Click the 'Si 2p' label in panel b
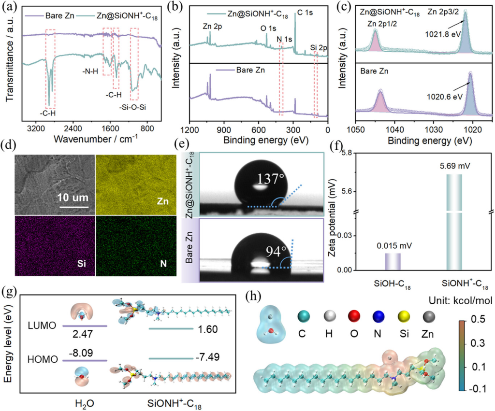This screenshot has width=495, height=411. (x=319, y=47)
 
